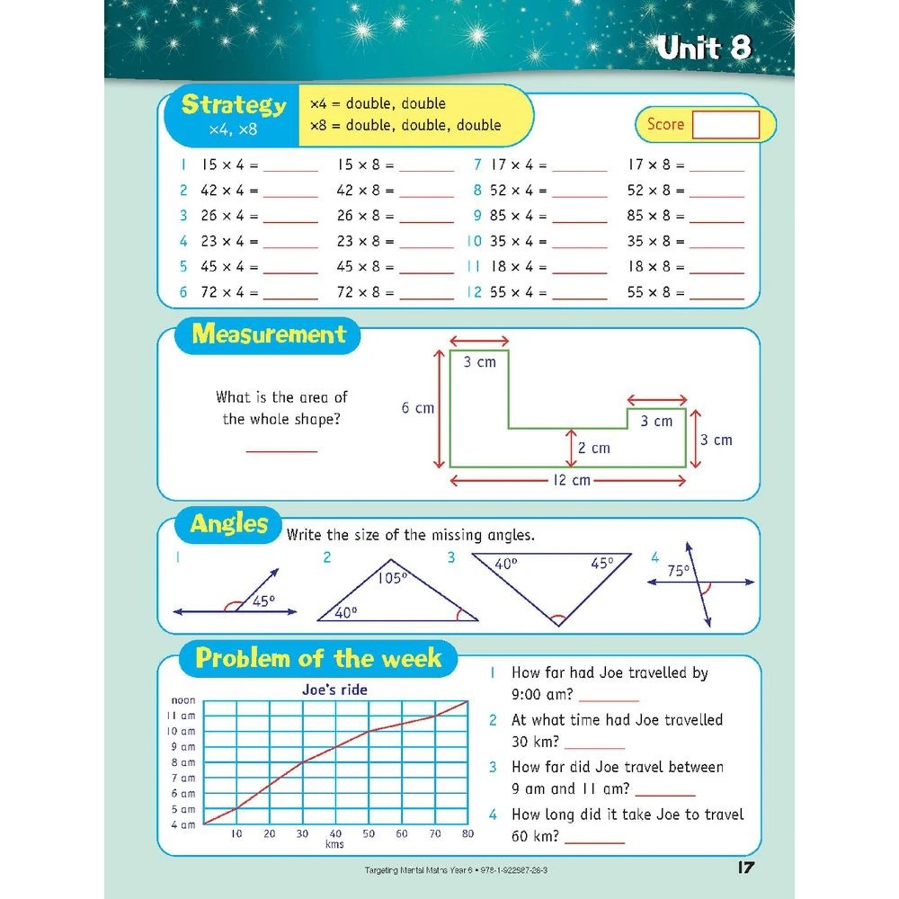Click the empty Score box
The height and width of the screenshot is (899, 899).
pos(725,125)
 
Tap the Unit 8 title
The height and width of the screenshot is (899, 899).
pos(703,49)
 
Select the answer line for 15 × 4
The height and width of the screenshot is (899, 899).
pos(290,168)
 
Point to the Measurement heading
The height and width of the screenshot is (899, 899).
pos(269,335)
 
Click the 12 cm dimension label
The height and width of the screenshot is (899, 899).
pos(570,480)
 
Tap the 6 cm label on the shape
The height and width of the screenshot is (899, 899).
pos(417,408)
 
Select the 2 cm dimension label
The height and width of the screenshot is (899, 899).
pos(593,448)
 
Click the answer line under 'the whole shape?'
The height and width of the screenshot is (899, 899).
pos(281,449)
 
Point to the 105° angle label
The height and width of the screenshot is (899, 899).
pos(392,577)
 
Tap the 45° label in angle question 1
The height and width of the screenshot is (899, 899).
pos(263,601)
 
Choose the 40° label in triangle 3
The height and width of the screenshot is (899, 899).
pos(506,564)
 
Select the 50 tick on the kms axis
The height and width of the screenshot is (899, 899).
pos(369,834)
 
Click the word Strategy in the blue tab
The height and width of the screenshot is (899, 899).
pos(234,105)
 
